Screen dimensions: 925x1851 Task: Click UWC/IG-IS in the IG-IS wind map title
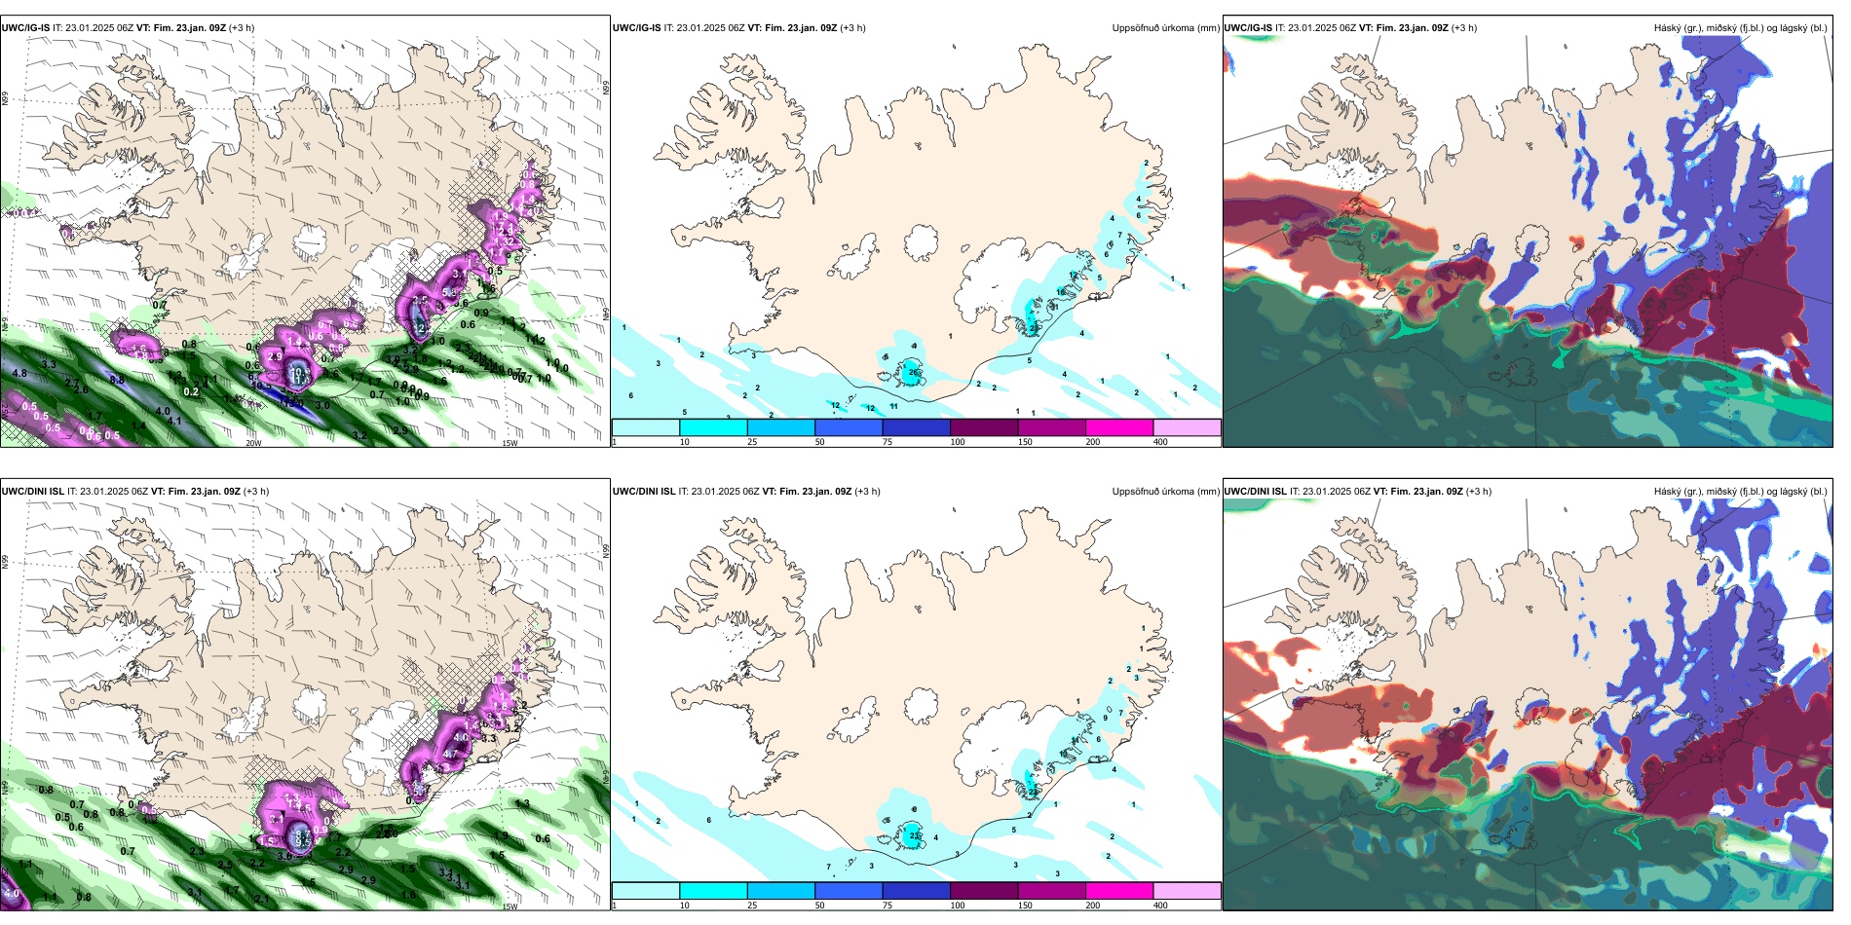(25, 28)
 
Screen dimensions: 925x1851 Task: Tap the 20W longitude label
(253, 443)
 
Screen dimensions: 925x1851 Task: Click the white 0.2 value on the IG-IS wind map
(191, 392)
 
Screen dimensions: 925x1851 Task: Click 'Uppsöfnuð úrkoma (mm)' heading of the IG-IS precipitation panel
(1165, 28)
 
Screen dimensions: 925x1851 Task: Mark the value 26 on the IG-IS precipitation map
(914, 372)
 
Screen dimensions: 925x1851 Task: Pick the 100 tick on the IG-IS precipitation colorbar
(958, 442)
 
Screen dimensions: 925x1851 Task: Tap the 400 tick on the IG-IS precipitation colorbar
(1160, 442)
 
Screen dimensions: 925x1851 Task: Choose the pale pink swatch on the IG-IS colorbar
(1187, 427)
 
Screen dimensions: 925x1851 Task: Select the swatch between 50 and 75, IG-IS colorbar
(849, 427)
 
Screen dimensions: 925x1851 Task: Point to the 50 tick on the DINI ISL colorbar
(819, 906)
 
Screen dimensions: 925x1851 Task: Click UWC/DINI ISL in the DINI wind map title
(32, 492)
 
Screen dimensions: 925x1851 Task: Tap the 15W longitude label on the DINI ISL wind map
(510, 906)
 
